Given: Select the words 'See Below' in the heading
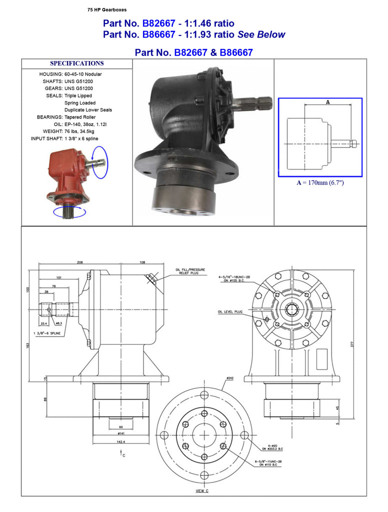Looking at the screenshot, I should [261, 34].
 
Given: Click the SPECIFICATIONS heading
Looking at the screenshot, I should [76, 63].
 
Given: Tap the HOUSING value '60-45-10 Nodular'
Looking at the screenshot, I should [83, 74].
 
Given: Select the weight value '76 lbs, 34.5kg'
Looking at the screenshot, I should [80, 131].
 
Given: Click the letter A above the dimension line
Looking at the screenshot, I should [327, 102].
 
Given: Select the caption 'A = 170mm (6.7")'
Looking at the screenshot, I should [320, 183].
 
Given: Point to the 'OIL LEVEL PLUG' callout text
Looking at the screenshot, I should [230, 311].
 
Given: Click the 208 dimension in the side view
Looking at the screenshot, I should [80, 262].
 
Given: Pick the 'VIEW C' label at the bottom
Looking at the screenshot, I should [202, 491].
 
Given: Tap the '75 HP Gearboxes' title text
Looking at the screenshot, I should [107, 9].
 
